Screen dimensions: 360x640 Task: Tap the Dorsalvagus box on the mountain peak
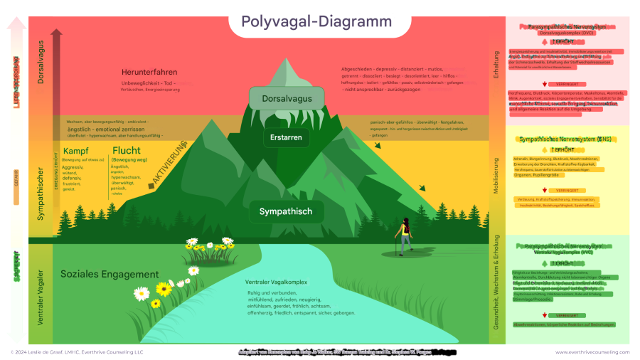287,98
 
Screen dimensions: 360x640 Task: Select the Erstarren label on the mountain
287,137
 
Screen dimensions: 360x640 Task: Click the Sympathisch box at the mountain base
286,211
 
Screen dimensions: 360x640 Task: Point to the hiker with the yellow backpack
405,235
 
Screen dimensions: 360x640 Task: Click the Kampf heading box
76,152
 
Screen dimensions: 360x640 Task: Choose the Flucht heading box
126,152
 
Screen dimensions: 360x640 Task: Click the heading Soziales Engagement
110,274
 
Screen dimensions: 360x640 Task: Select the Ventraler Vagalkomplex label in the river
276,282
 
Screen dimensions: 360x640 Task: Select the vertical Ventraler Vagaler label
41,297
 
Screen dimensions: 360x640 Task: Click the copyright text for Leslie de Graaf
78,351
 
